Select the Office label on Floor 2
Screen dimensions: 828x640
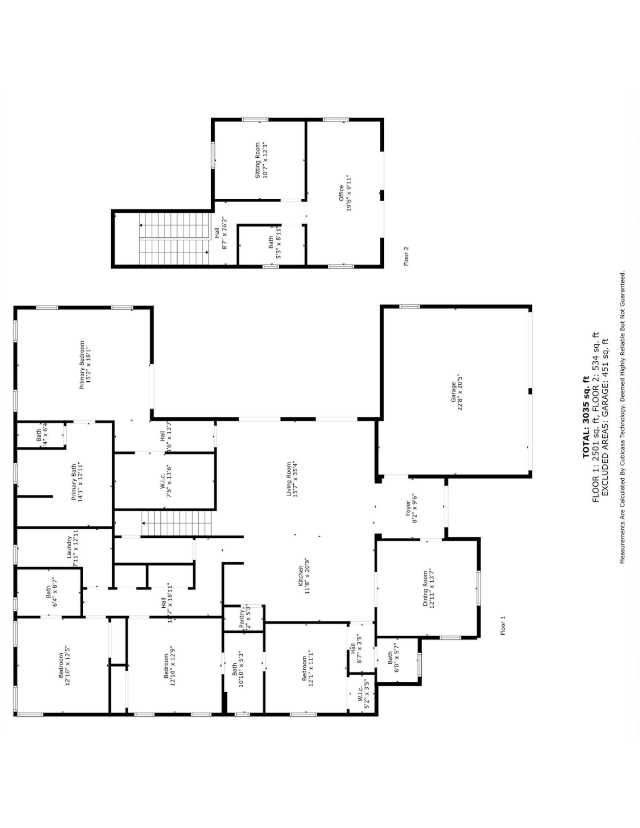(341, 193)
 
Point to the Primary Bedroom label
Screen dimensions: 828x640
(82, 365)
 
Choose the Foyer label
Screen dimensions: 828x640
(408, 508)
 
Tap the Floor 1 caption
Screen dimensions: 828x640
(503, 626)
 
